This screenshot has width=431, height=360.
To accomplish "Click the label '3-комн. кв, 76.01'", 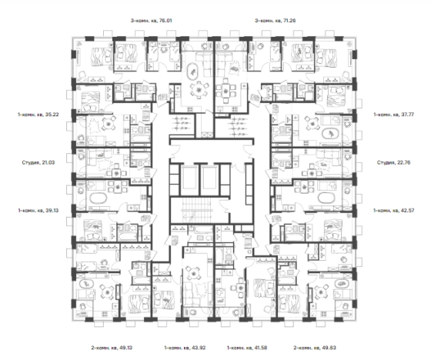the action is click(151, 21).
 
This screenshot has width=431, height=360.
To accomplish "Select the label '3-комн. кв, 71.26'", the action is click(276, 21).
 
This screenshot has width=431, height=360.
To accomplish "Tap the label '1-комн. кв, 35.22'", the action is click(38, 115).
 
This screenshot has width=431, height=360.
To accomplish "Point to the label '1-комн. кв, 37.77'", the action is click(393, 115).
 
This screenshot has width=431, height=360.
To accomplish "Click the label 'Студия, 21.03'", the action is click(38, 162).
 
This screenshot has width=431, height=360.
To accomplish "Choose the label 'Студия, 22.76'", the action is click(393, 162).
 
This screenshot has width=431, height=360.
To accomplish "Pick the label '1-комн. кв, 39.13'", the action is click(38, 211).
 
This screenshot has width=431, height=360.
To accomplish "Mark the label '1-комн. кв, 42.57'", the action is click(393, 211).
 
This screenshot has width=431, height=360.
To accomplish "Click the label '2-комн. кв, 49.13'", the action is click(112, 348).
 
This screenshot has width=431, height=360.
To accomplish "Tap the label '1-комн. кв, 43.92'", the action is click(185, 348).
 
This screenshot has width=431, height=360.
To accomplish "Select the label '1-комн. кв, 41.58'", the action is click(247, 348).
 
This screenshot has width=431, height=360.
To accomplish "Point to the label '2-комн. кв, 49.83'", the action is click(315, 348).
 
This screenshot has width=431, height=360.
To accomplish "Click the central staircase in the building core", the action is click(197, 210).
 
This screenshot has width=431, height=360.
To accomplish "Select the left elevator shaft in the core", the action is click(189, 177).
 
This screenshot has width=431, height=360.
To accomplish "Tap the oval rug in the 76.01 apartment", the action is click(194, 72).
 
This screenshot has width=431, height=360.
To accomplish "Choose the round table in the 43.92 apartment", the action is click(194, 273).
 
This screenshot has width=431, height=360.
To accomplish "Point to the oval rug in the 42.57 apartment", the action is click(326, 198).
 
